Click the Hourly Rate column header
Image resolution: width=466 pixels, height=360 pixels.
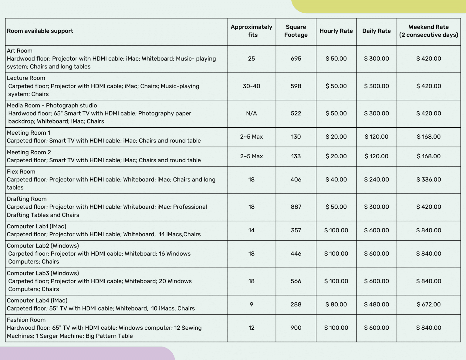point(336,31)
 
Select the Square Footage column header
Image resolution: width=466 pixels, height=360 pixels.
point(296,31)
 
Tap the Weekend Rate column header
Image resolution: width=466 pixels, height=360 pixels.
point(428,31)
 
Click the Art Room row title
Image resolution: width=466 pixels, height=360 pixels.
point(20,51)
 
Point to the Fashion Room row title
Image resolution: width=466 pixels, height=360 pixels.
point(26,320)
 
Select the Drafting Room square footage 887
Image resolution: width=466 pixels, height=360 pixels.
point(296,207)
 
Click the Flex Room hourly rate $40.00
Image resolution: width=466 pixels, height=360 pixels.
point(336,180)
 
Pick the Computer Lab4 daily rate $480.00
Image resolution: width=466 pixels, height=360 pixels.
point(376,304)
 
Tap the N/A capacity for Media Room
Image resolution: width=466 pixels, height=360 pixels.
point(251,113)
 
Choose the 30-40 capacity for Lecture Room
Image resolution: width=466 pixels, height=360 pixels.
point(251,86)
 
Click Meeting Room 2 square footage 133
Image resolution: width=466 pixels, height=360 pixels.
point(296,156)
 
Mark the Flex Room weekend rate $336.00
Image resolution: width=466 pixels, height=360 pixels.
point(428,180)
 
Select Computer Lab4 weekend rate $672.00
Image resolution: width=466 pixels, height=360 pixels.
point(428,304)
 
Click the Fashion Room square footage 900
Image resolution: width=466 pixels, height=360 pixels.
point(296,328)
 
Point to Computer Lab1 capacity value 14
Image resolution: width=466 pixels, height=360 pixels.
point(251,230)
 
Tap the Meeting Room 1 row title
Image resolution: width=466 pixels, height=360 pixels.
point(29,133)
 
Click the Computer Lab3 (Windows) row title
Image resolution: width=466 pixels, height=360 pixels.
point(43,273)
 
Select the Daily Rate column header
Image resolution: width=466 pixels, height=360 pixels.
point(376,31)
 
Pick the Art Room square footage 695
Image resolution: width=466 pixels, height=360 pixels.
point(296,59)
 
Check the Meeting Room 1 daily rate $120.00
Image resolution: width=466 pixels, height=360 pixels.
point(376,137)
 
